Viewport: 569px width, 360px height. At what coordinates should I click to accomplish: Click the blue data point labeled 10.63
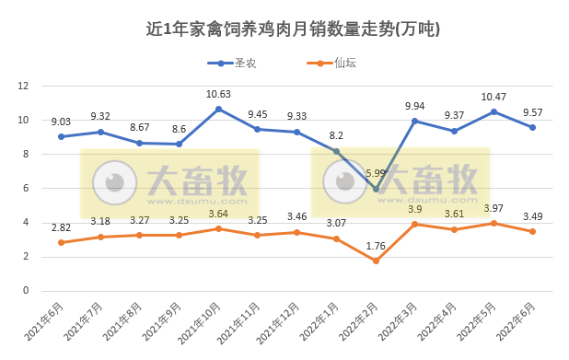[218, 109]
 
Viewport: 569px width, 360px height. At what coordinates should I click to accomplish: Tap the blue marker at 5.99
[376, 189]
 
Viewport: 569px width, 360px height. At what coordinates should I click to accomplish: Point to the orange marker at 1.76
[376, 261]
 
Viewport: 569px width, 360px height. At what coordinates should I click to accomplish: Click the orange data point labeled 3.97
[494, 223]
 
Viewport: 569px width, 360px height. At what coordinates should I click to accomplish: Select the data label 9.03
[61, 122]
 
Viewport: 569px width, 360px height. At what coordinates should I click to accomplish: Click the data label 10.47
[494, 97]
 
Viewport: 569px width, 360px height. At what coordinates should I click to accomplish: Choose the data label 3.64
[218, 214]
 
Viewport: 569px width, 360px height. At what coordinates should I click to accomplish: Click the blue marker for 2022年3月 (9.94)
[415, 121]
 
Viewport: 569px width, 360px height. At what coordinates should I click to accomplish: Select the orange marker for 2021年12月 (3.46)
[296, 232]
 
